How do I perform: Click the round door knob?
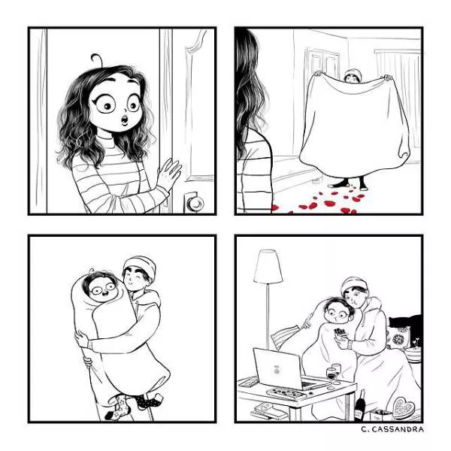pyautogui.click(x=195, y=204)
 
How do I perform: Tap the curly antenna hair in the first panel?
pyautogui.click(x=97, y=59)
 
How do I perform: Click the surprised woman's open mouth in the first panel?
pyautogui.click(x=125, y=120)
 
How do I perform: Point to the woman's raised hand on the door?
pyautogui.click(x=169, y=173)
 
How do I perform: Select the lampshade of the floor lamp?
pyautogui.click(x=268, y=266)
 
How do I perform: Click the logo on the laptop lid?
pyautogui.click(x=277, y=369)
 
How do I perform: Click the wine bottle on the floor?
pyautogui.click(x=359, y=406)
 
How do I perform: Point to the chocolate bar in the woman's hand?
pyautogui.click(x=340, y=332)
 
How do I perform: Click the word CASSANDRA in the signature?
pyautogui.click(x=397, y=429)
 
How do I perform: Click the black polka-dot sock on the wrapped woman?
pyautogui.click(x=148, y=401)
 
